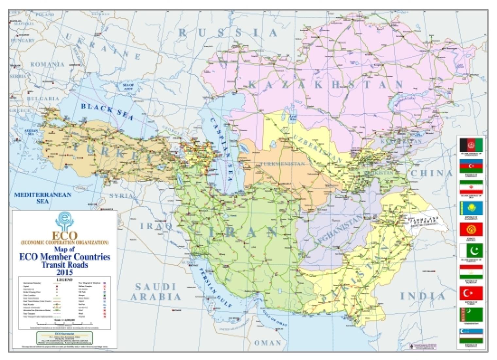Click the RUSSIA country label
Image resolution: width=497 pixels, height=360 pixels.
[x=228, y=33]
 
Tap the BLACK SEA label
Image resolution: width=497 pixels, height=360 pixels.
[x=107, y=111]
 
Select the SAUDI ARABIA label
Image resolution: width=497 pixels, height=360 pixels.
[x=156, y=292]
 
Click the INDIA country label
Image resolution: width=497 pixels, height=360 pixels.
[x=423, y=297]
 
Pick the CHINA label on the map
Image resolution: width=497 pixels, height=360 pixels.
[x=432, y=173]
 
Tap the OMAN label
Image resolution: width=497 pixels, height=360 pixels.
[x=268, y=343]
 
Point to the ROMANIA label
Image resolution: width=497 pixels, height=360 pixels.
[x=47, y=64]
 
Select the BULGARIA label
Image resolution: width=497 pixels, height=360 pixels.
[x=43, y=98]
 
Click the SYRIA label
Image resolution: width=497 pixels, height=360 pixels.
[x=121, y=196]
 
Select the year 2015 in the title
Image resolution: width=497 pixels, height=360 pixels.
[x=65, y=272]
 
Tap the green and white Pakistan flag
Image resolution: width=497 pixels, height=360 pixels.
[x=471, y=251]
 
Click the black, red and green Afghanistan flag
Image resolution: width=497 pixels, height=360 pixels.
[x=471, y=145]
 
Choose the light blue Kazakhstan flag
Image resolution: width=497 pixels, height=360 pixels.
[x=471, y=208]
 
